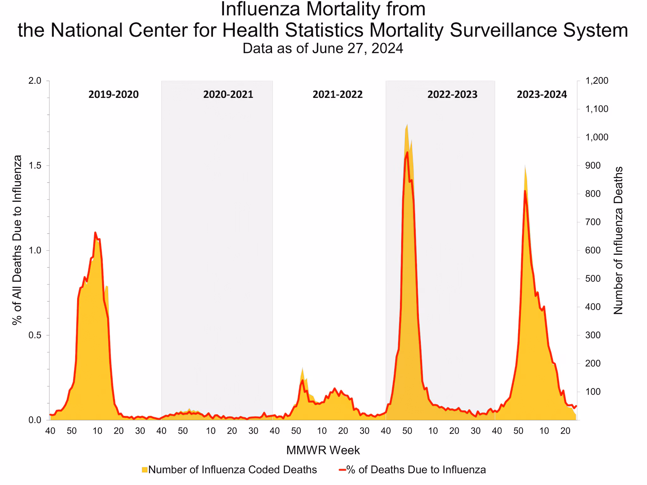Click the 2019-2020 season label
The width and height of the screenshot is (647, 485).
(113, 94)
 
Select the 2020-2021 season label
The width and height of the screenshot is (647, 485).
(228, 94)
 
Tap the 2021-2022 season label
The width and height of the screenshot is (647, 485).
(337, 94)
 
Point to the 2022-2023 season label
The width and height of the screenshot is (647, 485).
(452, 94)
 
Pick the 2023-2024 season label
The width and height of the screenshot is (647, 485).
(542, 94)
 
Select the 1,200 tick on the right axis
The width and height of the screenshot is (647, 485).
(596, 81)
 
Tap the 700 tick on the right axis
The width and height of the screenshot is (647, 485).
(593, 222)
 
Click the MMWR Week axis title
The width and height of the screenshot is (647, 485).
(323, 450)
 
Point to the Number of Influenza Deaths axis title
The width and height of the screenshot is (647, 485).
(618, 240)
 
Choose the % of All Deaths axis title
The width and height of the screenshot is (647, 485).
(17, 240)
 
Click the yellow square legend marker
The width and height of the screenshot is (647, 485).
(145, 470)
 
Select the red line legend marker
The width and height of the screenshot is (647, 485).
(342, 470)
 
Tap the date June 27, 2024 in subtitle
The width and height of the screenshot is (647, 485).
(358, 49)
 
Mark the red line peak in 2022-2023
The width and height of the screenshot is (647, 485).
(407, 153)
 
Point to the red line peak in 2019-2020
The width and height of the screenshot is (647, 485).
(95, 233)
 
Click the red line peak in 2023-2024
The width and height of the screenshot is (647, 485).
(525, 191)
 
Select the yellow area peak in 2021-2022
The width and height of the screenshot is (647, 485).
(302, 368)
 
